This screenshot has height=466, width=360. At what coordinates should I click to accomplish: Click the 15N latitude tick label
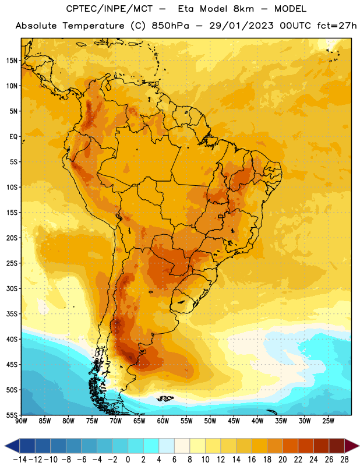[12, 61]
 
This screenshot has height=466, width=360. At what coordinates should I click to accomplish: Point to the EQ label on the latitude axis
[13, 137]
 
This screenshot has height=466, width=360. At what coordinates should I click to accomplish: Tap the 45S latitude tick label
[12, 365]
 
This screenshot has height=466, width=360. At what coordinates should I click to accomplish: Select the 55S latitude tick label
[12, 415]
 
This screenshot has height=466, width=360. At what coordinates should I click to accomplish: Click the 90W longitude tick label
[21, 421]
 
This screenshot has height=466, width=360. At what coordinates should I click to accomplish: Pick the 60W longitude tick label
[163, 421]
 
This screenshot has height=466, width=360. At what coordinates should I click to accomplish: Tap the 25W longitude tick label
[328, 421]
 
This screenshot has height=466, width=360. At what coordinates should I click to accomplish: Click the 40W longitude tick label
[257, 421]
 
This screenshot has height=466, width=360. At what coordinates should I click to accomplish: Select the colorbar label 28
[344, 460]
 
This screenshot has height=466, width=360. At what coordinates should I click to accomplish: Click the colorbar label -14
[20, 460]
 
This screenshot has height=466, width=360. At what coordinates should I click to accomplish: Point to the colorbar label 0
[128, 460]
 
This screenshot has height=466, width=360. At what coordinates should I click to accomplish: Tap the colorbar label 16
[252, 460]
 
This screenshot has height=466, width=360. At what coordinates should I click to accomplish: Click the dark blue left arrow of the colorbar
[12, 446]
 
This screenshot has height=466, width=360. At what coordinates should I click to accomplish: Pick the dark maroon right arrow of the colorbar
[352, 446]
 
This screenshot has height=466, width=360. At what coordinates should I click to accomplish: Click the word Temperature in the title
[93, 26]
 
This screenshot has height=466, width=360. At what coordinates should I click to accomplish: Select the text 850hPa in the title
[170, 26]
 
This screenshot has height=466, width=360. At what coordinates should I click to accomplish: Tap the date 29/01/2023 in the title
[241, 26]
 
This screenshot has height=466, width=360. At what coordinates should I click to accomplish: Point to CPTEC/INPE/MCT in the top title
[109, 9]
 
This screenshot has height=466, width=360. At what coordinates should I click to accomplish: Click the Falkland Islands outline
[165, 398]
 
